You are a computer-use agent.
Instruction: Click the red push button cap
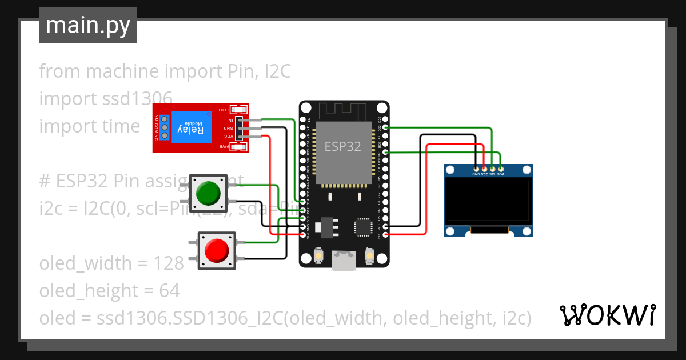pos(216,250)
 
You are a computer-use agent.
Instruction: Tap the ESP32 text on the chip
pos(343,146)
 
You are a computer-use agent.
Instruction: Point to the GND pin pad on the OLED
pos(476,169)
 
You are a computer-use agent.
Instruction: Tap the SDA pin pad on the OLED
pos(501,169)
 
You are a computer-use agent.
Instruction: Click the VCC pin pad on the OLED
pos(484,169)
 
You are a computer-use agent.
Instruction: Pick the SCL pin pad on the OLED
pos(493,169)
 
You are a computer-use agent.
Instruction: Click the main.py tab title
pos(88,26)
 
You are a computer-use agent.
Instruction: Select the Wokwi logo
pos(607,315)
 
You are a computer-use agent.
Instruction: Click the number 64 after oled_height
pos(169,291)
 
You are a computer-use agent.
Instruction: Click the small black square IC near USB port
pos(363,227)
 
